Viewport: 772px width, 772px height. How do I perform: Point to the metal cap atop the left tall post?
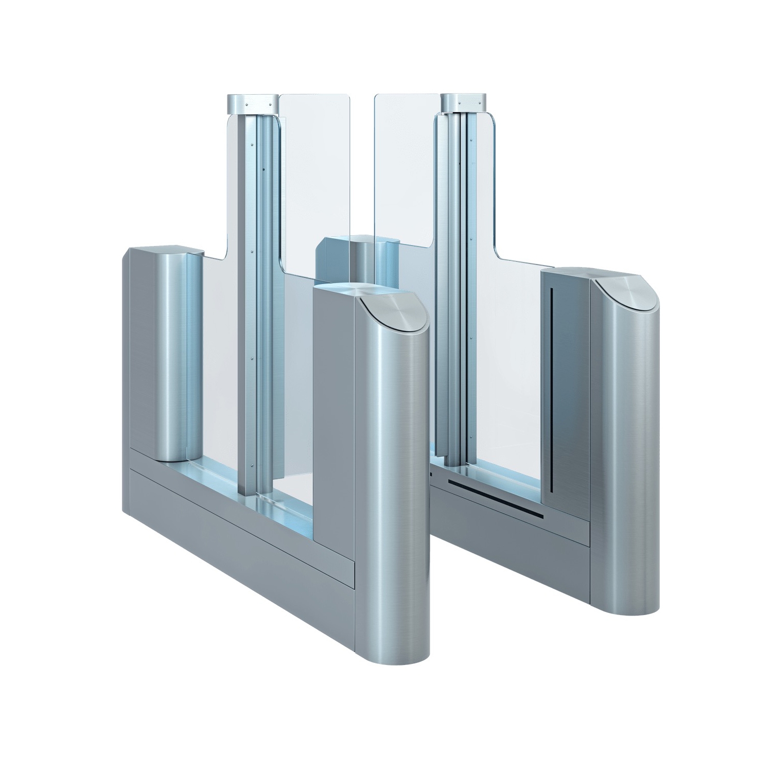coord(252,104)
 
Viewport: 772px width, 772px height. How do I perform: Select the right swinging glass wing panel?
coord(407,170)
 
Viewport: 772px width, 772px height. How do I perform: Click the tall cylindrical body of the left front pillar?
coord(401,463)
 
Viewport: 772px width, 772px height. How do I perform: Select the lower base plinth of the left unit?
coord(242,520)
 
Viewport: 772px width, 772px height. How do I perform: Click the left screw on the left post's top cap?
coord(246,104)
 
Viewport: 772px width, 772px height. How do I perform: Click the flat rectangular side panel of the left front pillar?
coord(335,412)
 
